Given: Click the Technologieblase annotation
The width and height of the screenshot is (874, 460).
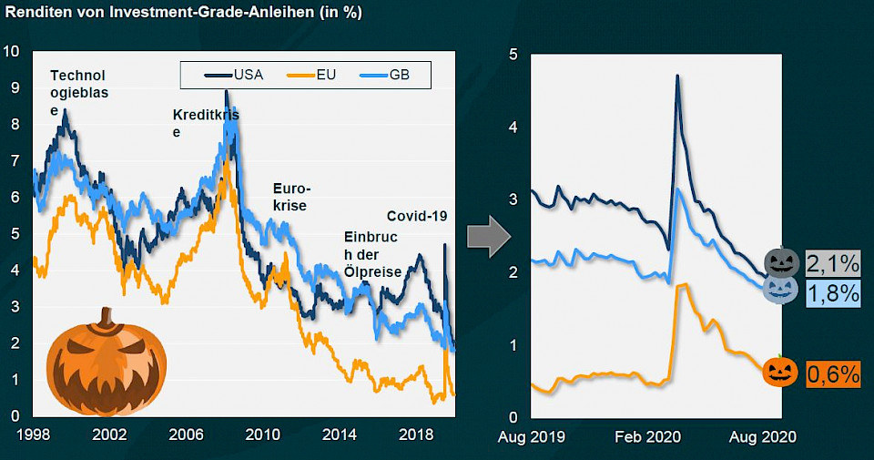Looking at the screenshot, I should point(77,92).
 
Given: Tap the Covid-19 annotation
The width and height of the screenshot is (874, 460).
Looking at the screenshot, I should point(417,217).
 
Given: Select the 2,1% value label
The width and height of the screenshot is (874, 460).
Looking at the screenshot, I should point(833,264).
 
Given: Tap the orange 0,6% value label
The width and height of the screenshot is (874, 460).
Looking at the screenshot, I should point(833,373).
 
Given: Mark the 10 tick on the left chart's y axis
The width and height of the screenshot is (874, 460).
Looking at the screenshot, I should point(11,51).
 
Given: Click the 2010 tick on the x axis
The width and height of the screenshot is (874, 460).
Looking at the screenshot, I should point(262,434).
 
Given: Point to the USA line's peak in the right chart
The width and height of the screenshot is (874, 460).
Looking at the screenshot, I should point(677,76).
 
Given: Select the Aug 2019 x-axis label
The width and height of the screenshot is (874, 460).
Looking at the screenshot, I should point(532,437).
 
